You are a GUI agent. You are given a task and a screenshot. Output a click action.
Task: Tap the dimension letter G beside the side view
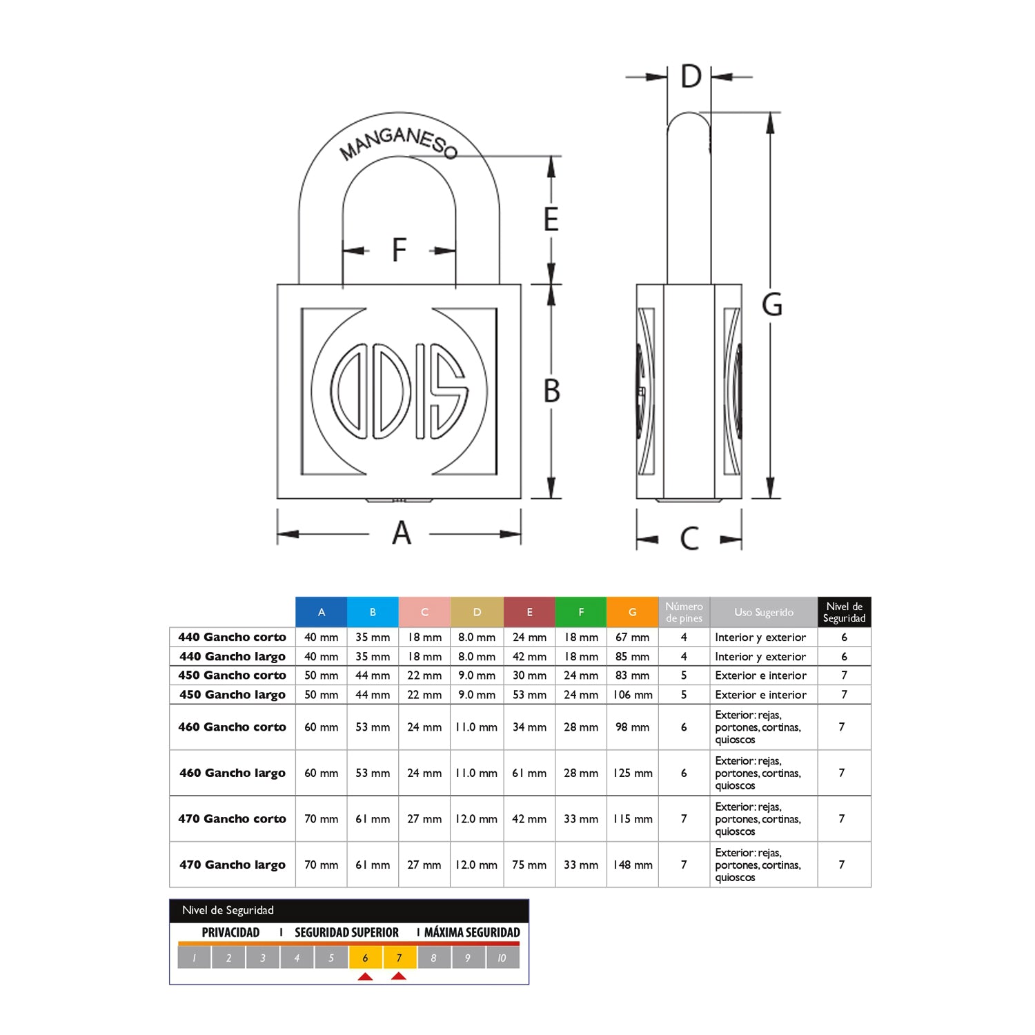(772, 304)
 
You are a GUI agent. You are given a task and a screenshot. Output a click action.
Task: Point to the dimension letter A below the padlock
(402, 533)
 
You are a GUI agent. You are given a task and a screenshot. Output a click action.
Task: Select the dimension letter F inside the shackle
(400, 250)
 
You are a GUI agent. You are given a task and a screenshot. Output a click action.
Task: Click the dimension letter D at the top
(691, 77)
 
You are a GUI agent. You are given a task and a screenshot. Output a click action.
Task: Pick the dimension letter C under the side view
(689, 538)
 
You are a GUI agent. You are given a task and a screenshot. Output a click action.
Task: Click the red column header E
(529, 612)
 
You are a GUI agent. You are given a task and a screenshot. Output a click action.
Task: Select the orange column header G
(633, 612)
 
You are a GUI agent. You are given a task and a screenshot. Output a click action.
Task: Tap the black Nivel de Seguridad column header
(845, 612)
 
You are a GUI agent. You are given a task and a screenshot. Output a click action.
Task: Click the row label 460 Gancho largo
(233, 773)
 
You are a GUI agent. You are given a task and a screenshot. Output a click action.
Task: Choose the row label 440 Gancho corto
(233, 637)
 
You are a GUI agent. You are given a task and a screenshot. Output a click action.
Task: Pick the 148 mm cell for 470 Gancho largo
(633, 865)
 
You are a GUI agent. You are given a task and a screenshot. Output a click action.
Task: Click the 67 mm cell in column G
(633, 637)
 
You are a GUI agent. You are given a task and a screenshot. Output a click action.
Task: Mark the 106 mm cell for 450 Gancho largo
(633, 695)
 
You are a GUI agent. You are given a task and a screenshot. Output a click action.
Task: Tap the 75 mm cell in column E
(529, 865)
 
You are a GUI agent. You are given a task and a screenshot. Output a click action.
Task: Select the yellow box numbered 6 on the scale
(366, 958)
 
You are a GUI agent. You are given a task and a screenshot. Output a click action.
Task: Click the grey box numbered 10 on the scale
(502, 958)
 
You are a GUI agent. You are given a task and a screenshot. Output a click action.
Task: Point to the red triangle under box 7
(399, 976)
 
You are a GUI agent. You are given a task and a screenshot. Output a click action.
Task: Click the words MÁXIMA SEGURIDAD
(472, 932)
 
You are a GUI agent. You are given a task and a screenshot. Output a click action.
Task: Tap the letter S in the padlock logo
(449, 391)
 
